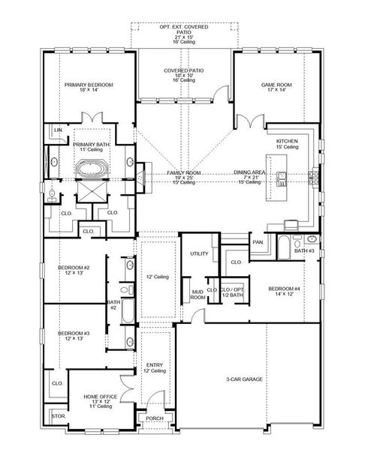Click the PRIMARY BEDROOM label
coord(89,85)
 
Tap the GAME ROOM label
coord(273,85)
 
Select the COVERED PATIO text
coord(184,70)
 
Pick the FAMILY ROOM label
coord(183,172)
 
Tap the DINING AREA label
coord(251,172)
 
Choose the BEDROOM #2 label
coord(74,268)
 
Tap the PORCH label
coord(155,418)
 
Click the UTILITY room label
coord(199,253)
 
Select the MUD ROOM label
coord(198,294)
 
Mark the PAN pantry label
coord(258,242)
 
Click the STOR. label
coord(58,414)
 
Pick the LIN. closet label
coord(58,130)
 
